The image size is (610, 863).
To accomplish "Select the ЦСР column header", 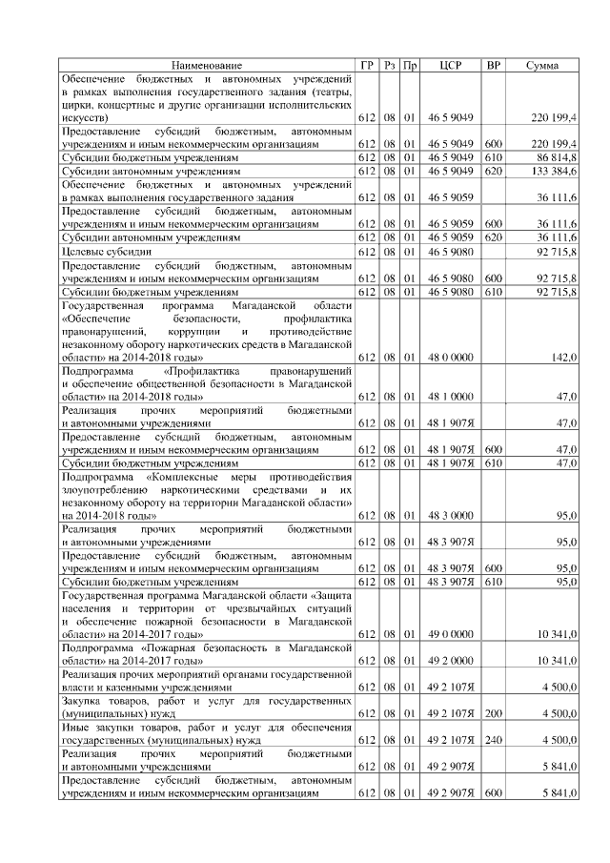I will coord(452,65).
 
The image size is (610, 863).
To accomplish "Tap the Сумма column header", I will coord(541,65).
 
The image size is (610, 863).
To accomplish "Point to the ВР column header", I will coord(493,65).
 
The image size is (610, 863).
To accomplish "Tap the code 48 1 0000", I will coord(451,396).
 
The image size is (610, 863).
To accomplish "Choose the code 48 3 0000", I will coord(451,515).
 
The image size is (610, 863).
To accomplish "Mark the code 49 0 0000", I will coord(451,633).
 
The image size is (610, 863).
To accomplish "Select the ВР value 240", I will coord(493,739).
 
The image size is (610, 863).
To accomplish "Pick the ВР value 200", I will coord(493,712).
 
